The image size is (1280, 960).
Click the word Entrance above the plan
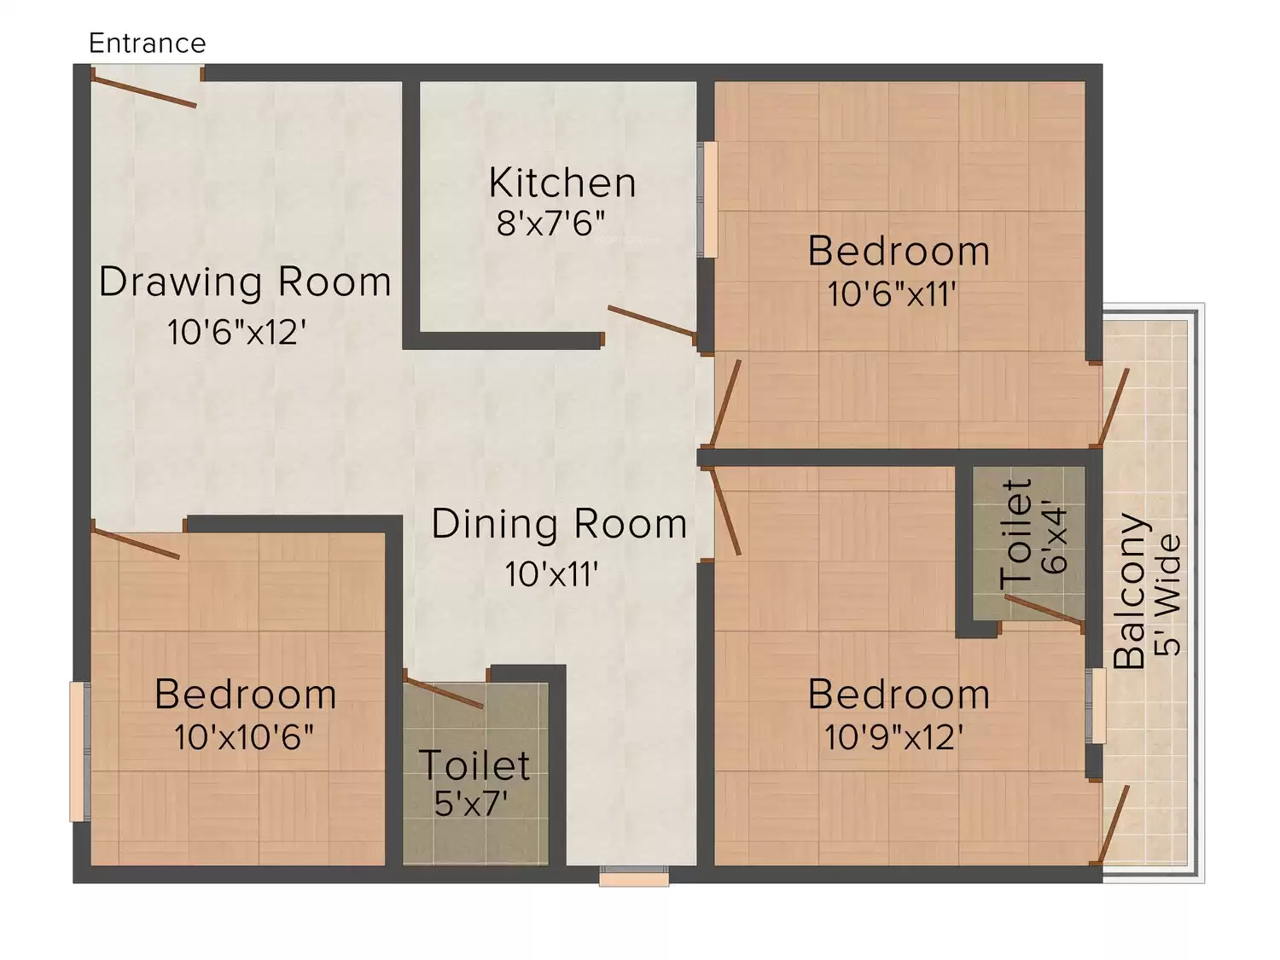148,44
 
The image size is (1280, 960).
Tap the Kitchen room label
562,183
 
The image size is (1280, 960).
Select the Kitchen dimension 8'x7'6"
551,224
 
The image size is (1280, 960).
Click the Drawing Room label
245,282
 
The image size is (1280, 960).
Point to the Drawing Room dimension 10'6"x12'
236,332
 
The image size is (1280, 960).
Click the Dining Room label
559,525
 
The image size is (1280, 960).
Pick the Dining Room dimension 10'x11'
551,574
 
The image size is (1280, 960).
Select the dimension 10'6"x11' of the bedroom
893,294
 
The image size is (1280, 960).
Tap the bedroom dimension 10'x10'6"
244,736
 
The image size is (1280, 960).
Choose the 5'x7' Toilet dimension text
470,804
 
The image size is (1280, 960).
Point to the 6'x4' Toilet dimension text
1056,536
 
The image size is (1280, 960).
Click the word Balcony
1130,591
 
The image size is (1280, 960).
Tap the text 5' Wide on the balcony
1168,595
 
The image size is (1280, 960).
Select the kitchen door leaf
652,321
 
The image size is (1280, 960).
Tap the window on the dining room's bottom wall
635,876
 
